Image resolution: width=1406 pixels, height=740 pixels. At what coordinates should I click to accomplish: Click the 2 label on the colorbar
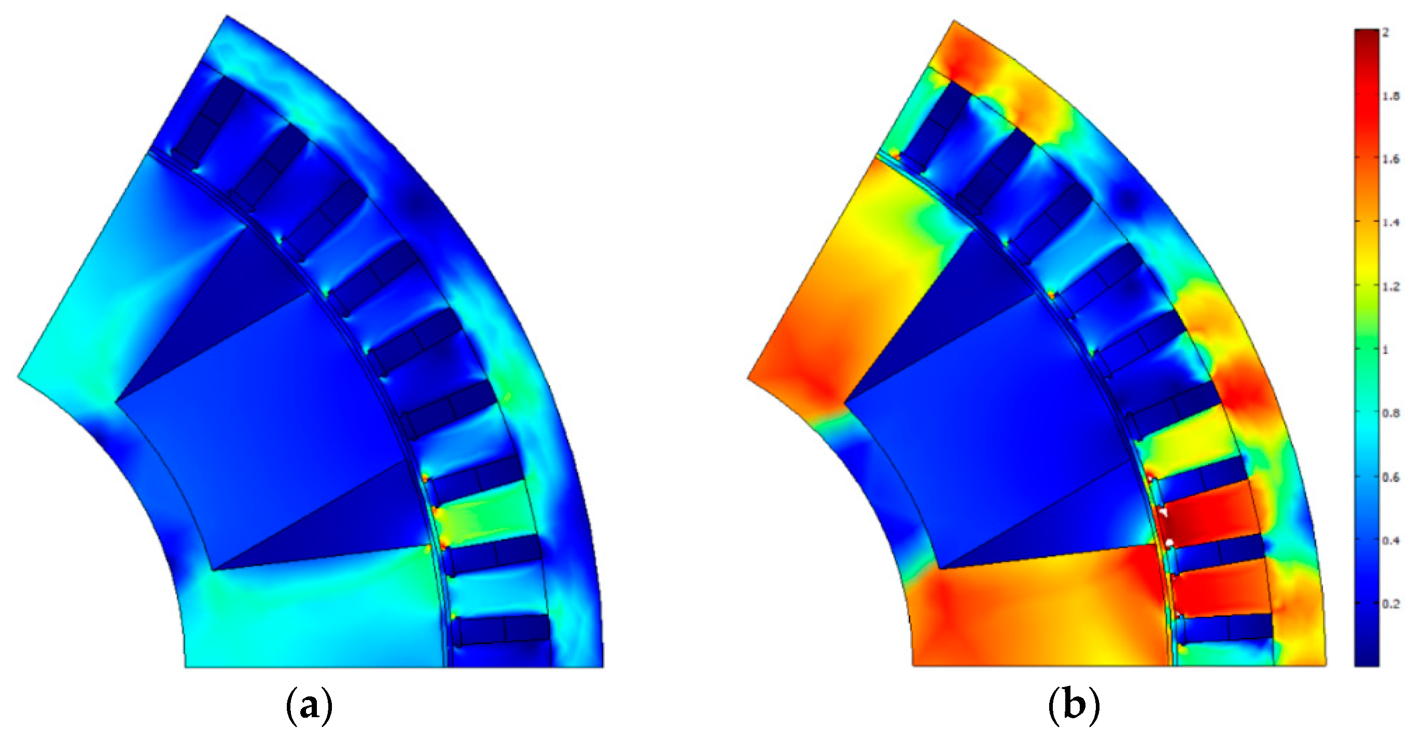tap(1386, 33)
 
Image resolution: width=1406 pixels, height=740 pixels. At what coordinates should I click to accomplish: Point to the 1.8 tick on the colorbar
tap(1390, 96)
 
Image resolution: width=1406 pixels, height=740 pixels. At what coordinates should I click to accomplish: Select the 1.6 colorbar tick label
tap(1390, 159)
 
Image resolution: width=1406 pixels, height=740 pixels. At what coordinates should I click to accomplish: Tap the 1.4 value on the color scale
tap(1390, 222)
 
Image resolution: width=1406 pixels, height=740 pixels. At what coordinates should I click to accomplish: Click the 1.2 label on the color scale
tap(1390, 286)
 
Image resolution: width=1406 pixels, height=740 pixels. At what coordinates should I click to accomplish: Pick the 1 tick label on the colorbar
tap(1385, 350)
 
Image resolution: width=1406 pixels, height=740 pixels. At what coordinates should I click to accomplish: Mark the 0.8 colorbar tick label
tap(1390, 414)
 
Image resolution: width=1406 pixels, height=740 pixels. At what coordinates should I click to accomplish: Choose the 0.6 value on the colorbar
tap(1390, 477)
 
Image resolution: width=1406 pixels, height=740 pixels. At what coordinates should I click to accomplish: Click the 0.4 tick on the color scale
tap(1390, 540)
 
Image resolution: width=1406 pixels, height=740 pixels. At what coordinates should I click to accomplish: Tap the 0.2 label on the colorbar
tap(1390, 604)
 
